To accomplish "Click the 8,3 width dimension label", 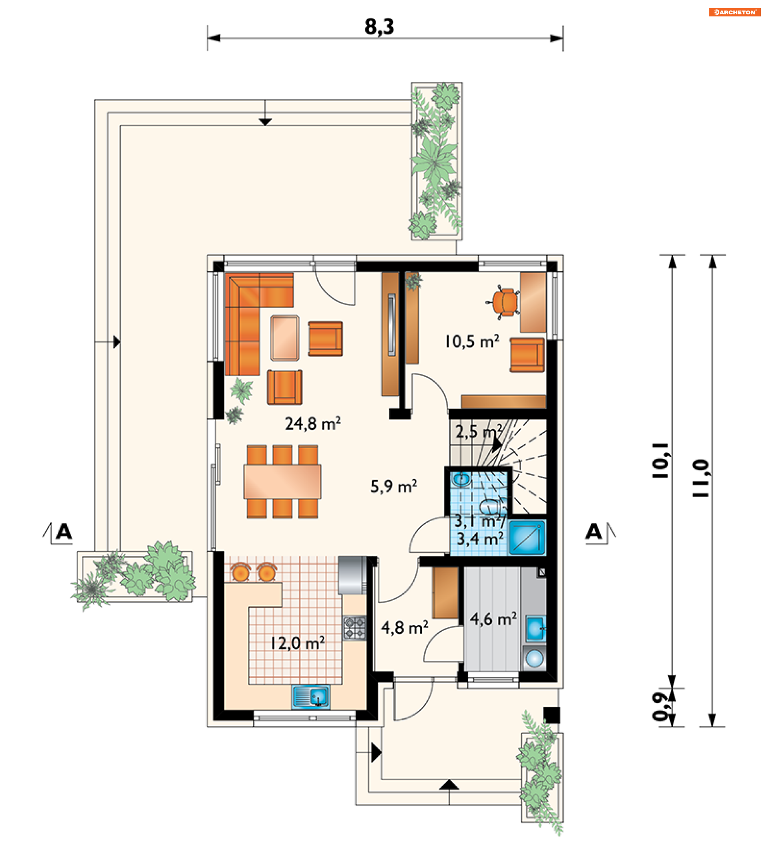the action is click(379, 26).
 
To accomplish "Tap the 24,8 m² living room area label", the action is click(313, 424).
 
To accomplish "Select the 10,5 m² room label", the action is click(471, 341).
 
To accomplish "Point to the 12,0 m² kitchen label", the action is click(298, 643).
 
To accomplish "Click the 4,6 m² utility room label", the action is click(493, 619).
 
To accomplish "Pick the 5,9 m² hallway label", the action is click(394, 486).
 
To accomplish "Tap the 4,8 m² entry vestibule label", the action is click(405, 627).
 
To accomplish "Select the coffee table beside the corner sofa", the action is click(285, 338).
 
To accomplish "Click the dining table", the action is click(282, 482).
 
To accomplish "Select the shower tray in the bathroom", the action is click(527, 538).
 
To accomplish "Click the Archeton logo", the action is click(735, 12).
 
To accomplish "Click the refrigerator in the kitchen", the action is click(353, 575).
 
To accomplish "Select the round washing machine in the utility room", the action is click(535, 658).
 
